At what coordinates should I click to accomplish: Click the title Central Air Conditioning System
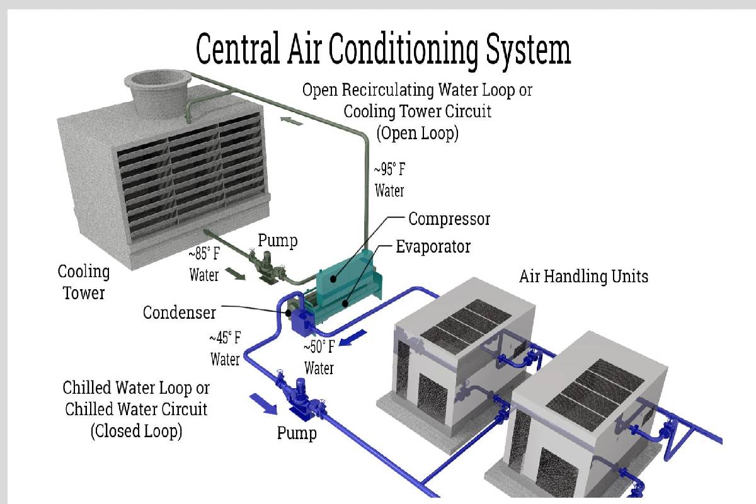(383, 49)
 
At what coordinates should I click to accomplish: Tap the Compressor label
(449, 219)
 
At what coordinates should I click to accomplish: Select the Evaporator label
(433, 246)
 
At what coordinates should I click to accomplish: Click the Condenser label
(179, 312)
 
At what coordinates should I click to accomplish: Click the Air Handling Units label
(583, 276)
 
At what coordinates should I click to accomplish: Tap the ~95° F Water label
(389, 180)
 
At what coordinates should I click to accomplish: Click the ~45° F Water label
(225, 348)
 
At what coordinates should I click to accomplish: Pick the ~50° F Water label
(319, 357)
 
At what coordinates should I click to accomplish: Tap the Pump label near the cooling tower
(277, 241)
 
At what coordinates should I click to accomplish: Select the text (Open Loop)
(417, 133)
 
